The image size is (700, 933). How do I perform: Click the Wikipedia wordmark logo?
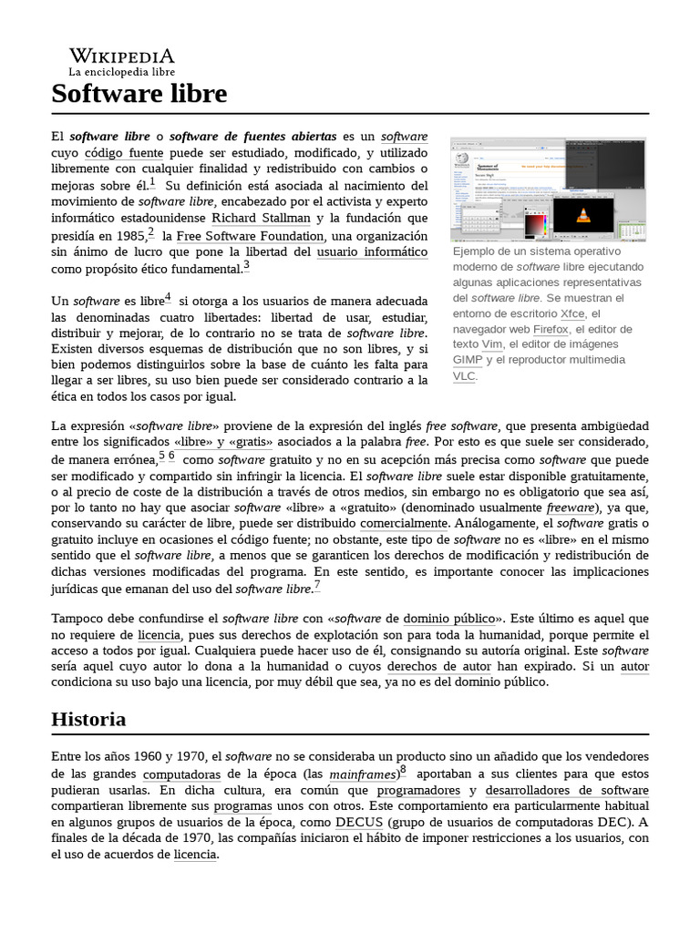coord(121,56)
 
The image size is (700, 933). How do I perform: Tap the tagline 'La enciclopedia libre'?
coord(121,72)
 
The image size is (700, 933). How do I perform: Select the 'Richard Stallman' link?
coord(261,219)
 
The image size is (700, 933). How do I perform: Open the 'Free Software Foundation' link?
coord(250,236)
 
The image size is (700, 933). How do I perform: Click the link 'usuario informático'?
coord(372,252)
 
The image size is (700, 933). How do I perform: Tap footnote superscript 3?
coord(246,266)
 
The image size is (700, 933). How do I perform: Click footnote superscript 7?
coord(317,585)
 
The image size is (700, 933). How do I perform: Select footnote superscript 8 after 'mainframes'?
coord(403,770)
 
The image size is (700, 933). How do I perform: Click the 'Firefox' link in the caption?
coord(551,329)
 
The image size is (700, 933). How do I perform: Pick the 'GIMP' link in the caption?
coord(468,360)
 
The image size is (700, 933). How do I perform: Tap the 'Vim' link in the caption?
coord(491,344)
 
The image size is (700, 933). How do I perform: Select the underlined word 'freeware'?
coord(570,508)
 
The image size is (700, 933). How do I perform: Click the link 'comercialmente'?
coord(404,524)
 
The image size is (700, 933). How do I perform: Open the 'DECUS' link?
coord(358,822)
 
